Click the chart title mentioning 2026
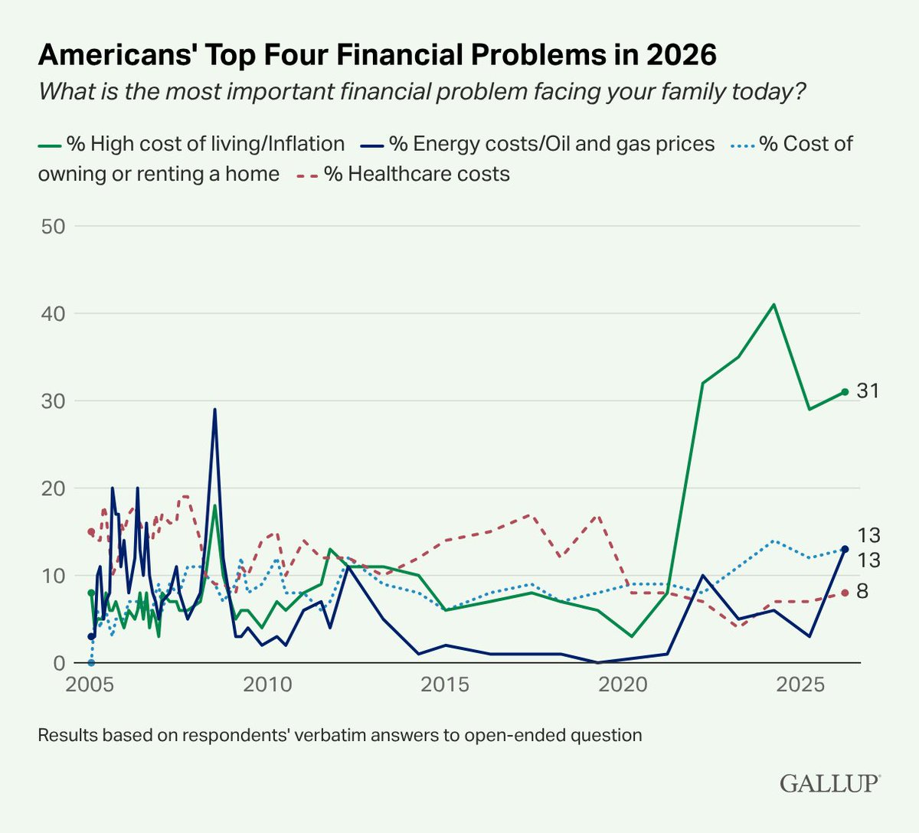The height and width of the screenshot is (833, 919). tap(378, 55)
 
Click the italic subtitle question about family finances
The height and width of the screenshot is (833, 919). tap(422, 92)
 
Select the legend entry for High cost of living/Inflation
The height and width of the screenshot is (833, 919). tap(191, 144)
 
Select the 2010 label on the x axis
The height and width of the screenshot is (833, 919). tap(267, 684)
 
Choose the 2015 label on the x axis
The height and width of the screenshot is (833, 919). tap(445, 684)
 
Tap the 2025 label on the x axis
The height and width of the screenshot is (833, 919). tap(800, 684)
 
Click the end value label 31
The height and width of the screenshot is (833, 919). tap(868, 391)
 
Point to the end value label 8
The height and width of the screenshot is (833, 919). tap(862, 592)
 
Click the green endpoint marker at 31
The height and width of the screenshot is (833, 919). tap(845, 392)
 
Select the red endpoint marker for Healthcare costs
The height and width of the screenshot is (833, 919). tap(845, 593)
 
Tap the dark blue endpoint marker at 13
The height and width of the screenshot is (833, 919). tap(845, 549)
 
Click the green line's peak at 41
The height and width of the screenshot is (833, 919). tap(773, 305)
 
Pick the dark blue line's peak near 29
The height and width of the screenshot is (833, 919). tap(214, 410)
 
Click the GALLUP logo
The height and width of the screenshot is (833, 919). tap(829, 783)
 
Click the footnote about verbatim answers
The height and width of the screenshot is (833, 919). tap(340, 736)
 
